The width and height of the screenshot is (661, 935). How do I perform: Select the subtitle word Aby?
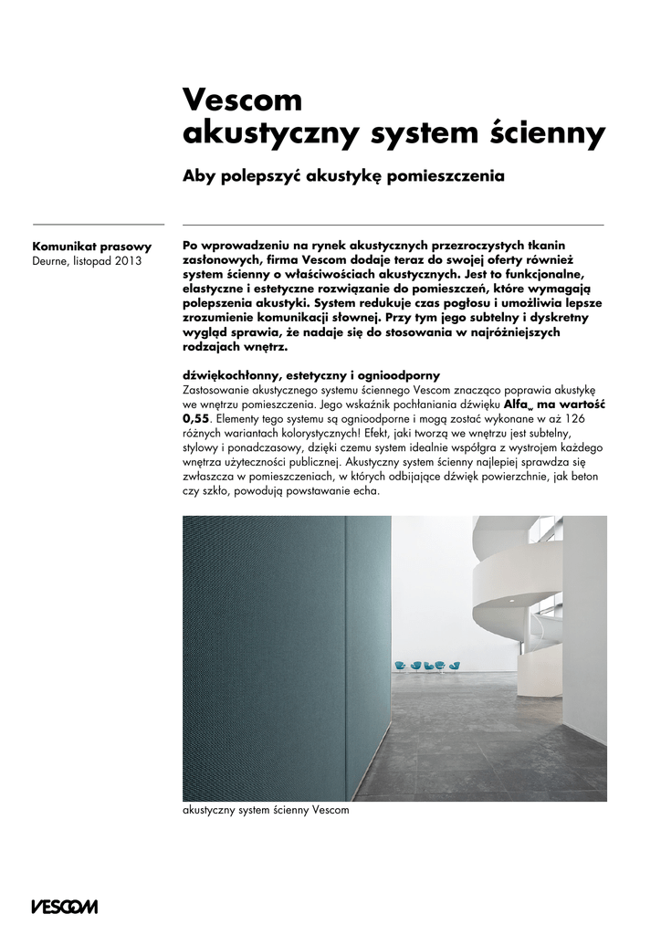199,174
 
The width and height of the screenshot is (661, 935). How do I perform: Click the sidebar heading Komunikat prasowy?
91,246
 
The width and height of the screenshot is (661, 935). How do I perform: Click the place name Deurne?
52,260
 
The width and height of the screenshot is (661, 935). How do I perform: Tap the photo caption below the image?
266,810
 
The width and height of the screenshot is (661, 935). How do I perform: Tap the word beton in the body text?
587,477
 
